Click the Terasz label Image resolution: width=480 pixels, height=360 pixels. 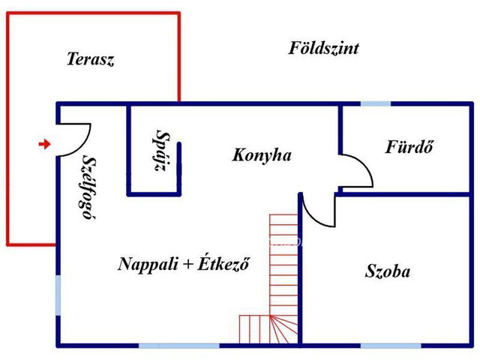pos(90,59)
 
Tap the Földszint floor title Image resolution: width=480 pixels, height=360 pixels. pos(323,48)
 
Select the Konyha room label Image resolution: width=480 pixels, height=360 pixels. pos(262,155)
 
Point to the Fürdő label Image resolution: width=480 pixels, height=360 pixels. pos(409,146)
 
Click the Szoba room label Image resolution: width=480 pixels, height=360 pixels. pos(388,271)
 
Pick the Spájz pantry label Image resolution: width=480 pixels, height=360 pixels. pos(161,151)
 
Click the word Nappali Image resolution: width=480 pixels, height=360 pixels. pos(148,264)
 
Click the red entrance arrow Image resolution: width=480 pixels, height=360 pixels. pos(44,143)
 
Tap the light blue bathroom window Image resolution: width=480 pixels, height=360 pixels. pos(376,103)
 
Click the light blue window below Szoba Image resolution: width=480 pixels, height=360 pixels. pos(391,346)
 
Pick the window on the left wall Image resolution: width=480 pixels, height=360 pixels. pos(58,295)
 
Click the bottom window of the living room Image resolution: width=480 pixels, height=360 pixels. pos(179,346)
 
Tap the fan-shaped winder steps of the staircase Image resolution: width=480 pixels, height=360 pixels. pos(283,329)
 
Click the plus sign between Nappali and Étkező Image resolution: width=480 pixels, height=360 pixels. pos(187,265)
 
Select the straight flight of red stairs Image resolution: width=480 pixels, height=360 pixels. pos(283,265)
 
